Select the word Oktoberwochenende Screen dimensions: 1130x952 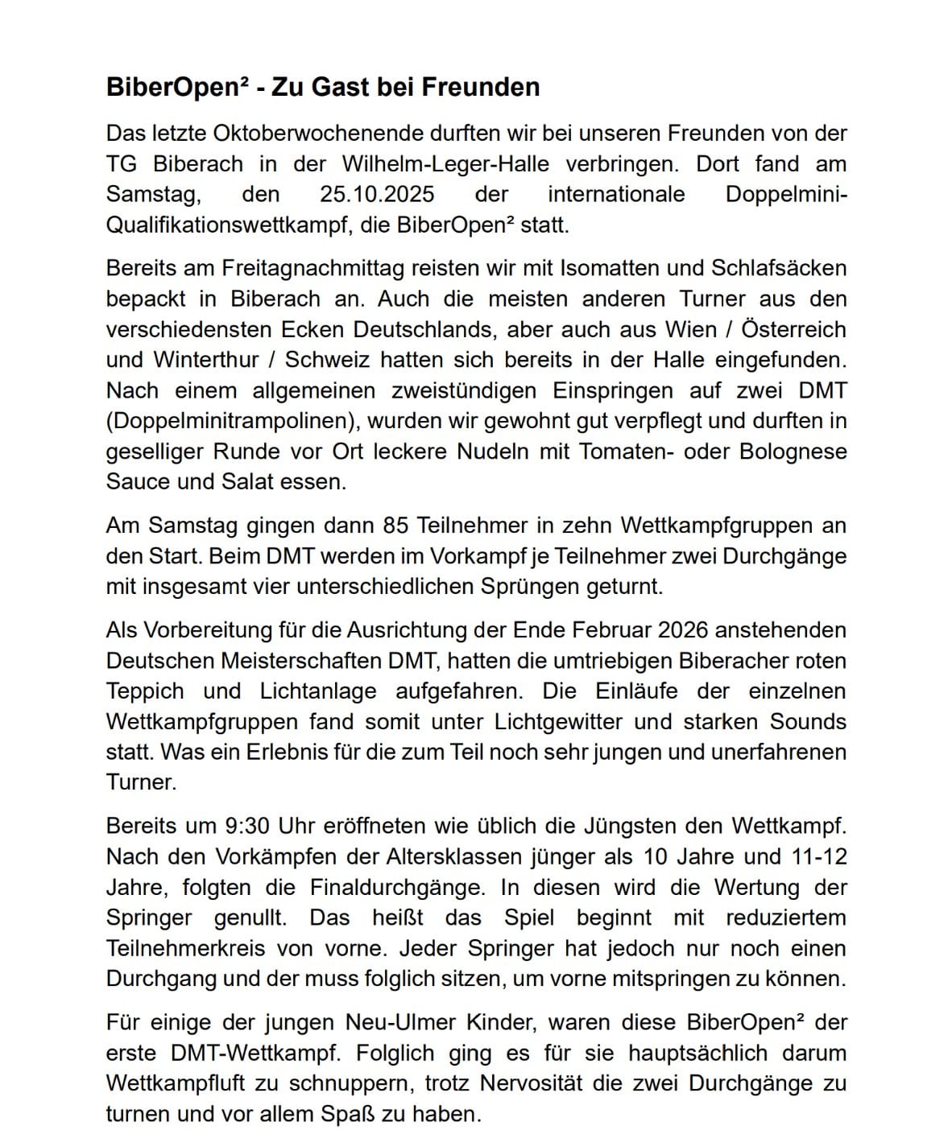click(321, 133)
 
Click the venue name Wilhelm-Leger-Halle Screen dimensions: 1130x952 click(445, 163)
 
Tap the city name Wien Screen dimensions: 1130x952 click(689, 329)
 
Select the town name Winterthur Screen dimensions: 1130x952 click(207, 360)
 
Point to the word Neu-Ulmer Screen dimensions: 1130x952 click(393, 1022)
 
